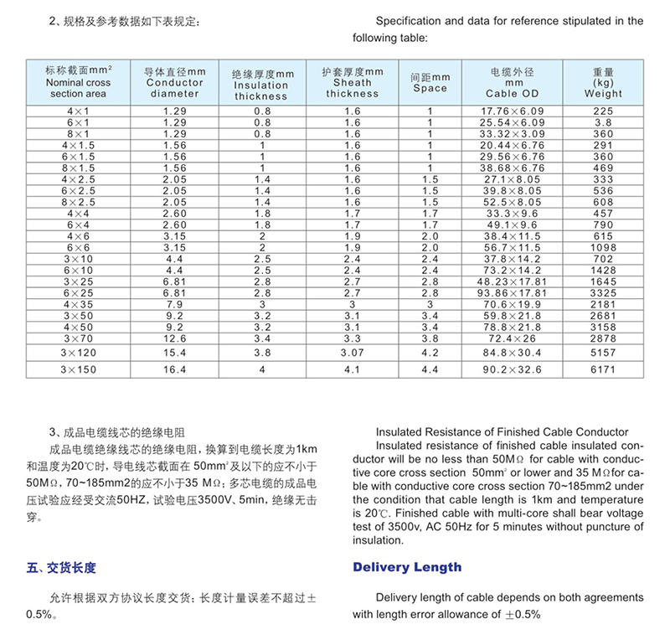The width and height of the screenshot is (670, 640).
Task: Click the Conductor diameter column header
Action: click(x=175, y=82)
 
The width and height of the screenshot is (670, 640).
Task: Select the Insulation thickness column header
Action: click(x=261, y=85)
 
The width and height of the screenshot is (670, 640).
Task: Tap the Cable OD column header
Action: click(x=513, y=82)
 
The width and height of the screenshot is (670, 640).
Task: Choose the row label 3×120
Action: click(x=78, y=354)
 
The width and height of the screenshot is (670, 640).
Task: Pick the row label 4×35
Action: click(x=78, y=303)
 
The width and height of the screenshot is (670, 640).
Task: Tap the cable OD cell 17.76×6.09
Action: click(x=513, y=111)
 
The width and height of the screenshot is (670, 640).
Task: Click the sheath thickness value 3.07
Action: click(x=353, y=354)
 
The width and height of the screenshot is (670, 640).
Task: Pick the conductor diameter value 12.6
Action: click(x=175, y=337)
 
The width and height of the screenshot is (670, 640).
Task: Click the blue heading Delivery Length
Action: click(x=407, y=567)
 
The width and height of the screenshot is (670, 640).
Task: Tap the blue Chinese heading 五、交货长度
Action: click(x=61, y=568)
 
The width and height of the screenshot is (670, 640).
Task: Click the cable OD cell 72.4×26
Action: click(x=513, y=337)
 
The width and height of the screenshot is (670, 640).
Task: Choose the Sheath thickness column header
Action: click(x=353, y=82)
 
